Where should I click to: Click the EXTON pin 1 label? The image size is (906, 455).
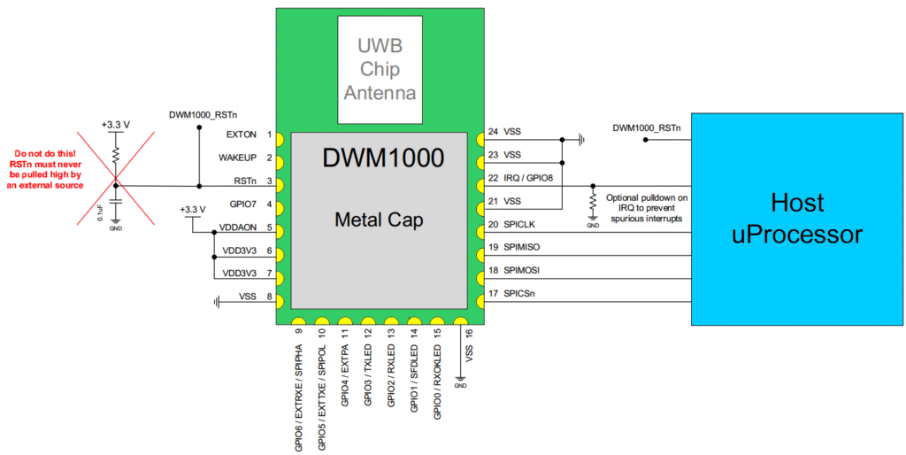tap(242, 135)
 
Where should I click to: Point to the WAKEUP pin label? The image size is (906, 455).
tap(237, 158)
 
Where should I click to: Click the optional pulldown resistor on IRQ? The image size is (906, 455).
tap(592, 205)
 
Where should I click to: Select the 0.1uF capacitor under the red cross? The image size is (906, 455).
tap(116, 208)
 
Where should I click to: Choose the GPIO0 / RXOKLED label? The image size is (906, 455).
tap(438, 375)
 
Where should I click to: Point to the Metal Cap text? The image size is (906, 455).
tap(379, 220)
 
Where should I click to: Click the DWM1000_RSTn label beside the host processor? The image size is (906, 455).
tap(646, 128)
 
